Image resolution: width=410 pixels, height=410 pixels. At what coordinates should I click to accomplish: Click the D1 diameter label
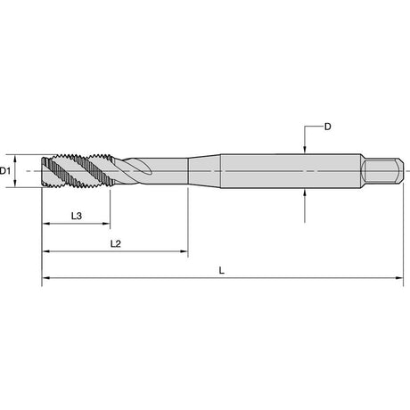(5, 171)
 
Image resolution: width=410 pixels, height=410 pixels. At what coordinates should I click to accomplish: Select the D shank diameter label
(327, 127)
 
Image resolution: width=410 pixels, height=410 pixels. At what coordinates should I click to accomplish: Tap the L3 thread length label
(77, 216)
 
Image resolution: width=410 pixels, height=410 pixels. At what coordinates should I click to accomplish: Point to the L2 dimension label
(116, 244)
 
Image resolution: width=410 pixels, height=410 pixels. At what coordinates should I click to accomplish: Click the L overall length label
(221, 271)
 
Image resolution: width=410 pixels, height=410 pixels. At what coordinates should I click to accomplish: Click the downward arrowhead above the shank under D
(305, 150)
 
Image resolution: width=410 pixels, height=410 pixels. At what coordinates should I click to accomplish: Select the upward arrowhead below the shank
(305, 193)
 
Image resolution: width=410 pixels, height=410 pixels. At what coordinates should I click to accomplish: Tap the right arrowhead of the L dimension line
(399, 278)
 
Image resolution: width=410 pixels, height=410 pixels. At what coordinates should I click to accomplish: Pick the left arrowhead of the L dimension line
(45, 278)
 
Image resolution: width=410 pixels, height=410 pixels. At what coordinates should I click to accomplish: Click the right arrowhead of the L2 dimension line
(184, 251)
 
